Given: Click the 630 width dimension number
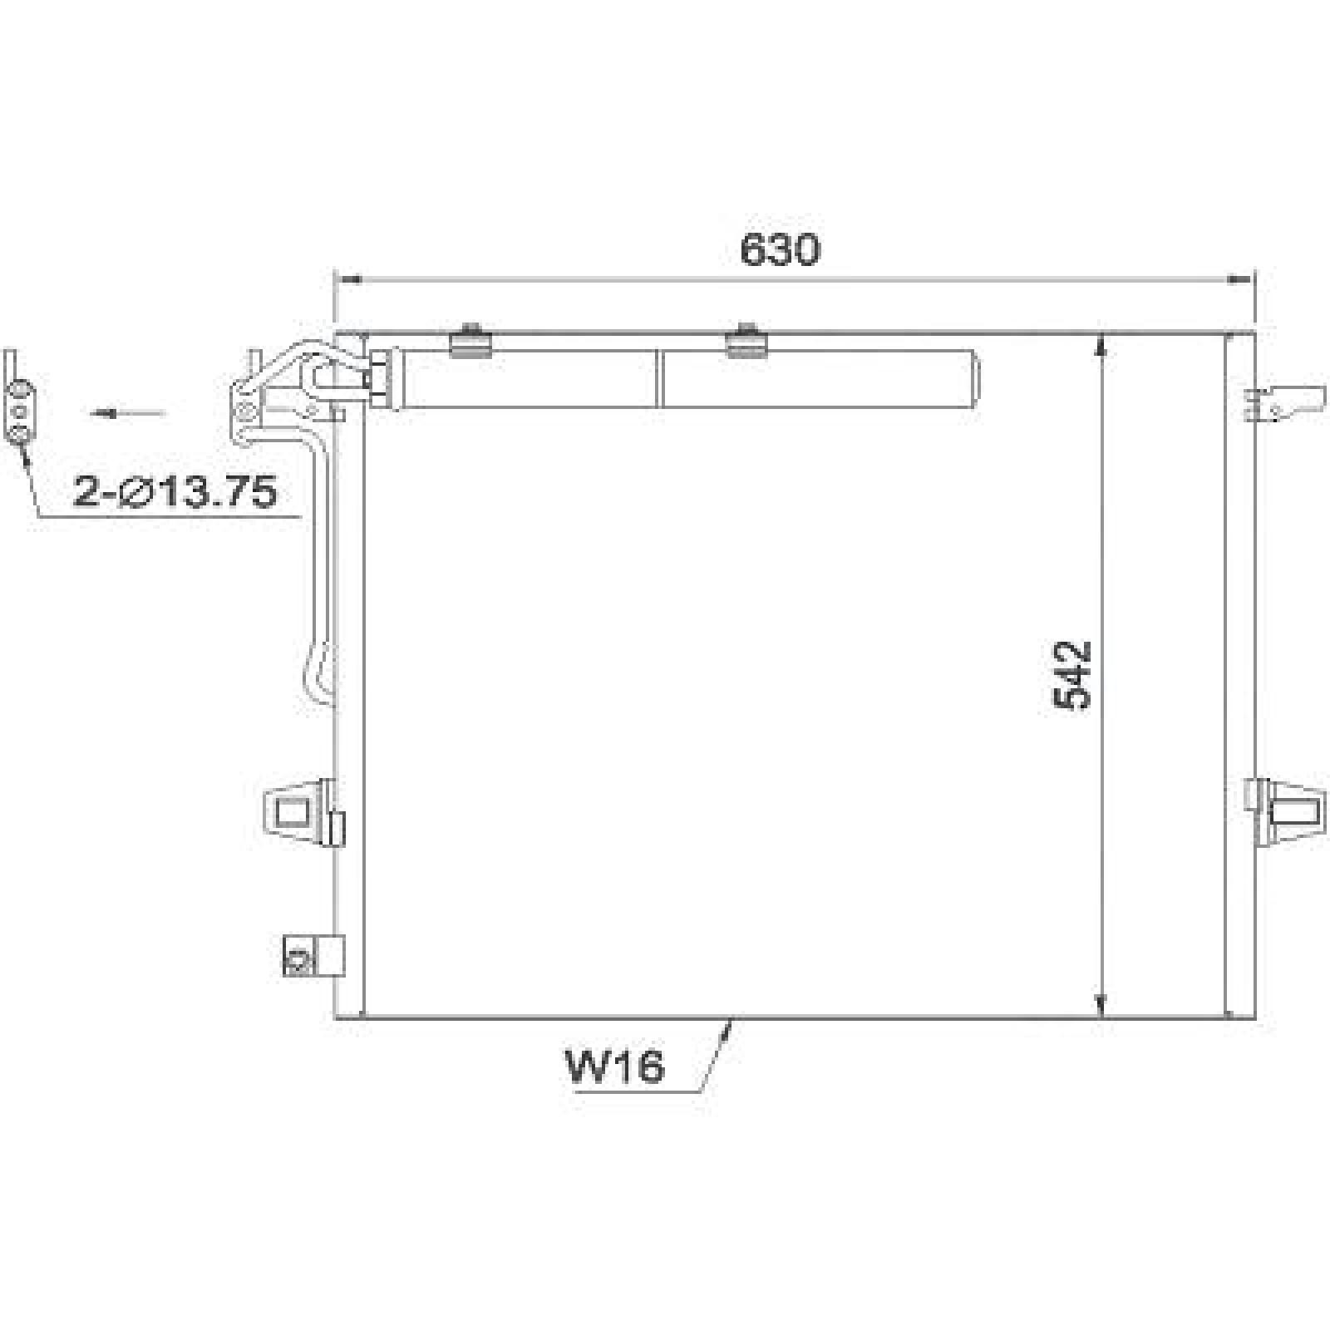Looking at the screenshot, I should point(780,250).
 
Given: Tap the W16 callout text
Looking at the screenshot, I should point(615,1066).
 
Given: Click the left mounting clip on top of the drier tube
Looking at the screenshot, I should point(470,341).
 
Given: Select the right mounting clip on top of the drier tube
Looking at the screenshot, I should point(746,341).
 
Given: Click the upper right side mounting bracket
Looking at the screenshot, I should point(1284,403).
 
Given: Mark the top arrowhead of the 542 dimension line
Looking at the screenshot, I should point(1101,344).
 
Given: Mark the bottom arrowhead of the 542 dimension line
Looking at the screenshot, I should point(1101,1006).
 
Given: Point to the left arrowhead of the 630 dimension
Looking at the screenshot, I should point(345,281).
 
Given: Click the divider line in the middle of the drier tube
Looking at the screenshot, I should point(660,378).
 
